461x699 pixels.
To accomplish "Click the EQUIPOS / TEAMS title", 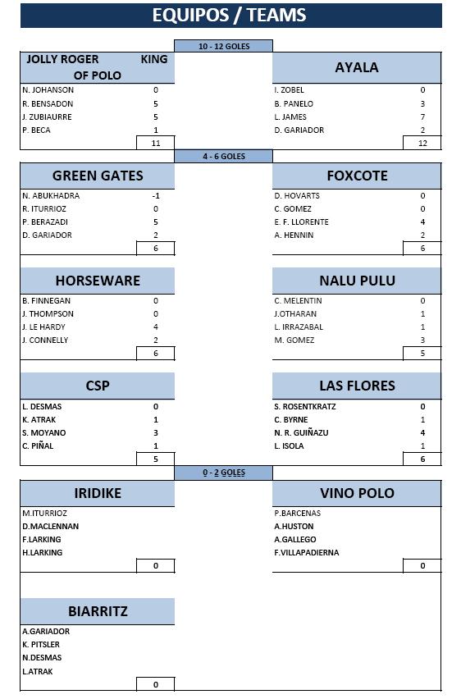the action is (229, 15).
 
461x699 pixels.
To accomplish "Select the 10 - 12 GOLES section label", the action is (224, 47).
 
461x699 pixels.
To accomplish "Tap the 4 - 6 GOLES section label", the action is (224, 157).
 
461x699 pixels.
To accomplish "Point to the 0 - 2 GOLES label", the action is (224, 473).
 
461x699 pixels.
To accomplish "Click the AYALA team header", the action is (357, 67).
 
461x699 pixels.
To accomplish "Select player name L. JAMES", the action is (290, 116).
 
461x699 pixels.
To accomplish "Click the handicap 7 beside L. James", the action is (422, 116).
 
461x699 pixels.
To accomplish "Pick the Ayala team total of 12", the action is (422, 143).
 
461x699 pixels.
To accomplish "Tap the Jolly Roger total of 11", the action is (156, 143).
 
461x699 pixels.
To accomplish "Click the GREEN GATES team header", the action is (98, 176).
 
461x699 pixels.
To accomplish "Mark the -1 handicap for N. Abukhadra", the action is (156, 196).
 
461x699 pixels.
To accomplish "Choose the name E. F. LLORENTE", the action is (301, 222).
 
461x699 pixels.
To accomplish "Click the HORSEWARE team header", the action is (98, 281).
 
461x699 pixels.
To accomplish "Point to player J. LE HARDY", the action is (43, 327).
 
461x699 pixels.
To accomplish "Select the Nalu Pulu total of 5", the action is (422, 353).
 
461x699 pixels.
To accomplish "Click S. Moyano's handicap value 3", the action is (156, 432).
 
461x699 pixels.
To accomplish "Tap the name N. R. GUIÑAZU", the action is (301, 432).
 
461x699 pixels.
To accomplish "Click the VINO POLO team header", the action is (357, 493).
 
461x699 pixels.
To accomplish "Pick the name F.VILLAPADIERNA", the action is (306, 552).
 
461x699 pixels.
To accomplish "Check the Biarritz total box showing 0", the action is (156, 684).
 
